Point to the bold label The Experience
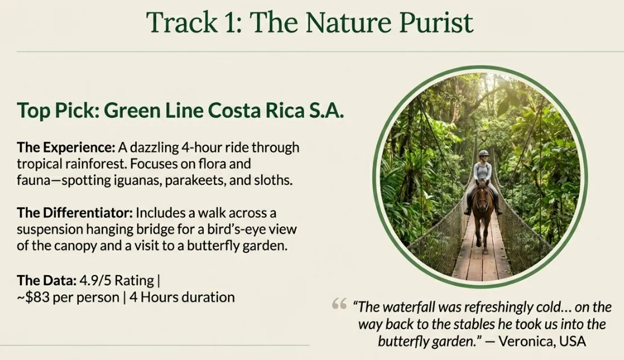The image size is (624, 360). click(x=65, y=148)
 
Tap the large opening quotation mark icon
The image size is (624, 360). click(x=339, y=305)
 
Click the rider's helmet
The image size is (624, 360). click(x=483, y=153)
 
